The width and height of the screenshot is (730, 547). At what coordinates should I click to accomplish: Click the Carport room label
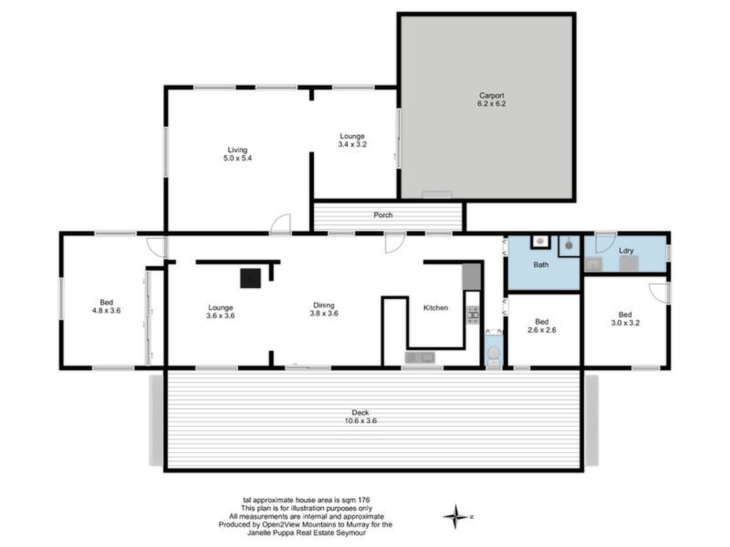pos(491,95)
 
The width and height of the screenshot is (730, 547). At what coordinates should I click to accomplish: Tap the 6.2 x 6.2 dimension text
pos(491,104)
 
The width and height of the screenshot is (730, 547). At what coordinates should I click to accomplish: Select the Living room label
pos(237,150)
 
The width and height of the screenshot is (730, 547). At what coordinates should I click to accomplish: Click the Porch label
pos(383,215)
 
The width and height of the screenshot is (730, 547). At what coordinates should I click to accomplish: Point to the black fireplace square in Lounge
pos(251,278)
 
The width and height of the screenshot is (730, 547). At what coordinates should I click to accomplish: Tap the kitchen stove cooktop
pos(473,315)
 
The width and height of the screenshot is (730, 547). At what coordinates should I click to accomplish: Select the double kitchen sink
pos(420,358)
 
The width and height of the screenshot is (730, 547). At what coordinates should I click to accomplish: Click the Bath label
pos(541,264)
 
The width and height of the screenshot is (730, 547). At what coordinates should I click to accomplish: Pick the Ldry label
pos(626,251)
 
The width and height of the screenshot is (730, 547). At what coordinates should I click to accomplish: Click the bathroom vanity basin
pos(541,241)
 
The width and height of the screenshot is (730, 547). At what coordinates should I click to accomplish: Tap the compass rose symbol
pos(456,516)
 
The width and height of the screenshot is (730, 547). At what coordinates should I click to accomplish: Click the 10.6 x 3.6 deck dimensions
pos(360,421)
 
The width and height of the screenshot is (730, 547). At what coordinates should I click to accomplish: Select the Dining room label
pos(324,305)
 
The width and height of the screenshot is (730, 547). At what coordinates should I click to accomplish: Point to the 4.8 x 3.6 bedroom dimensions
pos(106,311)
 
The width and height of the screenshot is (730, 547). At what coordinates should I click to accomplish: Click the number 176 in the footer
pos(363,500)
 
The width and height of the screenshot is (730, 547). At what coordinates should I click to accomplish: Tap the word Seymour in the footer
pos(351,533)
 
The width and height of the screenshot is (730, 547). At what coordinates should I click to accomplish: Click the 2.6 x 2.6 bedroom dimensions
pos(542,330)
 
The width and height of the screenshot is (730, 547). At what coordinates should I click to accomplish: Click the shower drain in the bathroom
pos(569,245)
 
